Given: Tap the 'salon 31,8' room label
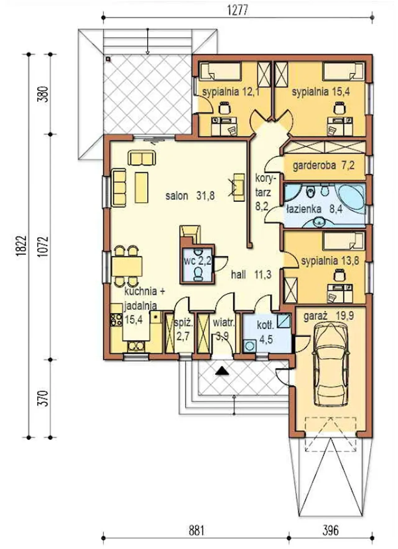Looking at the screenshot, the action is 190,196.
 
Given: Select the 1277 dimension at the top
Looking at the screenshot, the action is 238,10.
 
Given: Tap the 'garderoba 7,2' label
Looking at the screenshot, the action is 323,165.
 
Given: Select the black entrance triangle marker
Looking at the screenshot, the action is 222,371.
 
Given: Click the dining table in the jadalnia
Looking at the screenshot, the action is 127,266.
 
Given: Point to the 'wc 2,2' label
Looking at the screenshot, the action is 197,261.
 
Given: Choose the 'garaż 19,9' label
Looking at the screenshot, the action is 329,316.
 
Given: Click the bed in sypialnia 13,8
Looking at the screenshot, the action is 343,241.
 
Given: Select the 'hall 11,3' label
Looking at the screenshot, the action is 251,275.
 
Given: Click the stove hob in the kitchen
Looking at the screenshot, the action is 116,320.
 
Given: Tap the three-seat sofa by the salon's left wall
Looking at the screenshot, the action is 119,188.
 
